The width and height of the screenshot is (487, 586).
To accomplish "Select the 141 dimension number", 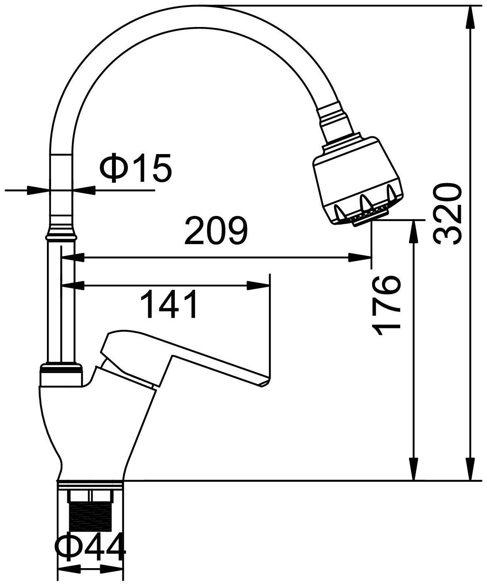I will click(169, 304).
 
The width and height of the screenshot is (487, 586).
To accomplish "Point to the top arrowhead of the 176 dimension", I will click(414, 231).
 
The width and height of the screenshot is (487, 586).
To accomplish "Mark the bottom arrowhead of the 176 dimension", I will click(414, 469).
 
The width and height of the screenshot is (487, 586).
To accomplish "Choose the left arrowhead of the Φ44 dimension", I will click(69, 569).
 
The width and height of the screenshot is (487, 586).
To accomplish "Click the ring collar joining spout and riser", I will click(62, 235).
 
